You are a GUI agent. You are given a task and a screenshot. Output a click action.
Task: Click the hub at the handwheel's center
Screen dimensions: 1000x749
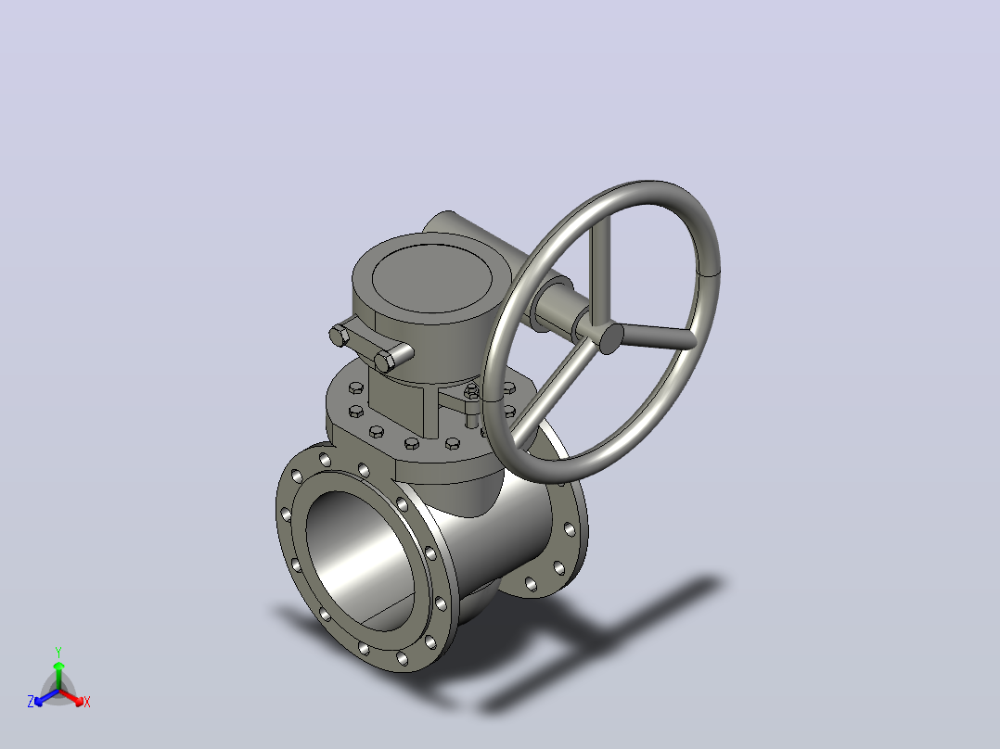point(611,337)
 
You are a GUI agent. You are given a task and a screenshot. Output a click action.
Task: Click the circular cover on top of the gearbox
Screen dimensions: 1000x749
point(431,278)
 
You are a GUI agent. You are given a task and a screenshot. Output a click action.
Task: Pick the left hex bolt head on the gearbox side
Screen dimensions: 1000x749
point(340,336)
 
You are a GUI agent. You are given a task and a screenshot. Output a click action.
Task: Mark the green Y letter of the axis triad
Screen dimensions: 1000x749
point(58,652)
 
